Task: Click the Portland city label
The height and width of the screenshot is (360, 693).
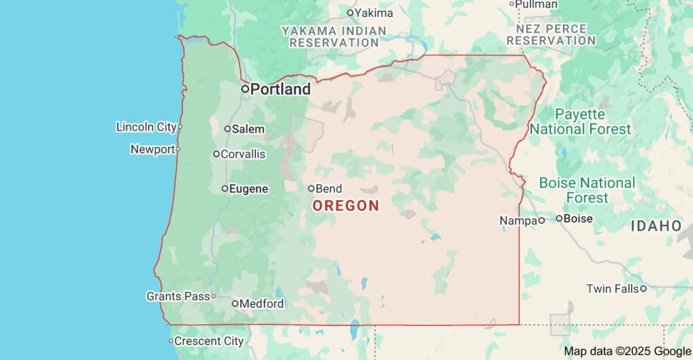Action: [280, 89]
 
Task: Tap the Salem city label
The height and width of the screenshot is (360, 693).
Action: [248, 129]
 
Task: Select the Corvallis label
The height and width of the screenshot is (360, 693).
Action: [243, 154]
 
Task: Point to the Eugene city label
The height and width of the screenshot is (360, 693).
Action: [248, 189]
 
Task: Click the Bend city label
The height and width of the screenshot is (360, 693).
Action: [329, 189]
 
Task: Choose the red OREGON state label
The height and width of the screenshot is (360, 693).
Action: [345, 206]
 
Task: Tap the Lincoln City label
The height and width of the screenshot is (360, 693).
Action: [146, 127]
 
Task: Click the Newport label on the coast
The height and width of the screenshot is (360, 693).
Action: [152, 150]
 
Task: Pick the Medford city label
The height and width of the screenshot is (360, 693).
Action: [261, 304]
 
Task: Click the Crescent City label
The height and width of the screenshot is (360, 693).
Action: [208, 341]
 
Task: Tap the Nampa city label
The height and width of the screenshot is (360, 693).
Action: [518, 221]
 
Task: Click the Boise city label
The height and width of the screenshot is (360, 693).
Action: [578, 219]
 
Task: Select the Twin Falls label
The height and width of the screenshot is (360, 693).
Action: [612, 289]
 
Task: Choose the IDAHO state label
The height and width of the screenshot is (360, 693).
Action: [656, 226]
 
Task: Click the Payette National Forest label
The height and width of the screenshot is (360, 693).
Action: [581, 122]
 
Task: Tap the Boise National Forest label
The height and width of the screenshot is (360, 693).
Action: [587, 190]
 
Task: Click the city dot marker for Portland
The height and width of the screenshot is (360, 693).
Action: [246, 89]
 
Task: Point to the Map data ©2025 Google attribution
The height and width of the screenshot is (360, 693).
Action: [627, 351]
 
